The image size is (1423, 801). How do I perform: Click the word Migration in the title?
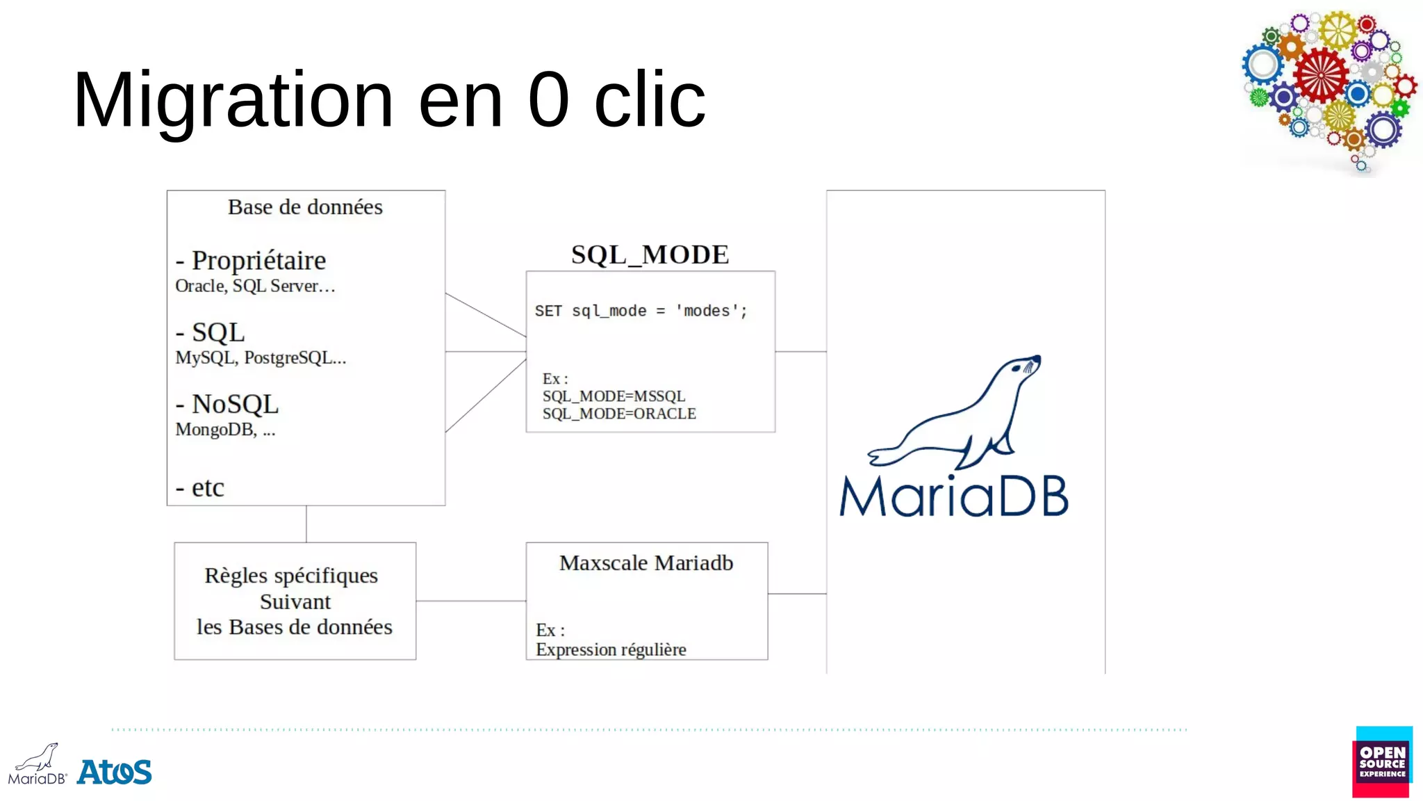point(233,101)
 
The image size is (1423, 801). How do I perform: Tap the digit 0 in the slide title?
point(549,101)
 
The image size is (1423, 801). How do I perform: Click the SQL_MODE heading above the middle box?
point(650,254)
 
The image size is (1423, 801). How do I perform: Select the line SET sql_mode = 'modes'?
point(641,311)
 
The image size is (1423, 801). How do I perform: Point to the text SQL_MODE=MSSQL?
point(614,396)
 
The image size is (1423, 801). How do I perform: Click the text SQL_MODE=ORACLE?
point(619,414)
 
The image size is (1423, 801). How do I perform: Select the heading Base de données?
point(305,207)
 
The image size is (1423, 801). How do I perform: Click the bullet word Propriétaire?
point(258,261)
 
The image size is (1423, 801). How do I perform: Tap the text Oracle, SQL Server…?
point(255,286)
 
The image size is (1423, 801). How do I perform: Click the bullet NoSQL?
point(235,404)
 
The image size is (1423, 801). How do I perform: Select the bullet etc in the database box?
point(207,487)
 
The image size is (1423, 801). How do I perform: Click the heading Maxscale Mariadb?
point(646,563)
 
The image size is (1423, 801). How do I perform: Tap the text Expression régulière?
point(611,649)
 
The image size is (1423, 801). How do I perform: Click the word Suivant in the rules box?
point(295,601)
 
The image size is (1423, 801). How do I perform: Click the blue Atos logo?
point(115,772)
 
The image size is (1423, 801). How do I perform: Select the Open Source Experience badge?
point(1382,762)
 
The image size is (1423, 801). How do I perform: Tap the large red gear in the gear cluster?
point(1320,75)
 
